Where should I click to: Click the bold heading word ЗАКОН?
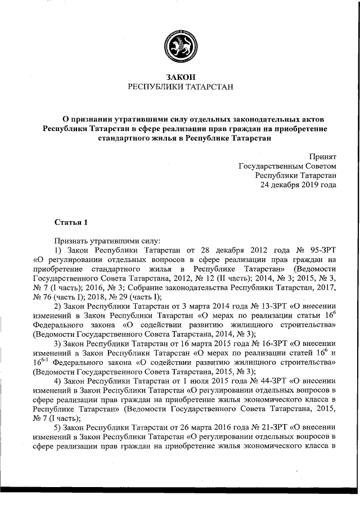click(x=180, y=76)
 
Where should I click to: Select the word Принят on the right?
click(x=322, y=157)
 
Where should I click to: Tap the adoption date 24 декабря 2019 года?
click(x=298, y=185)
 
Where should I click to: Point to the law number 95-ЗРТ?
click(x=320, y=249)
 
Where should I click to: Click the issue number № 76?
click(x=44, y=296)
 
